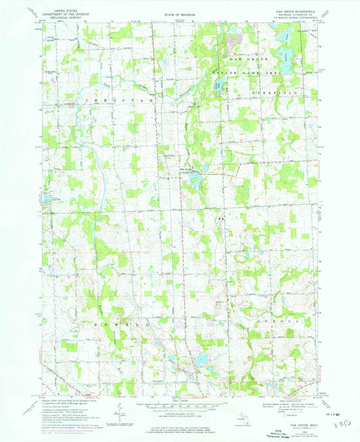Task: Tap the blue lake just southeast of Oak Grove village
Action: [x=196, y=179]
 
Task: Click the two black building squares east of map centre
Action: [x=220, y=219]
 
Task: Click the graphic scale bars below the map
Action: [x=180, y=407]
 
